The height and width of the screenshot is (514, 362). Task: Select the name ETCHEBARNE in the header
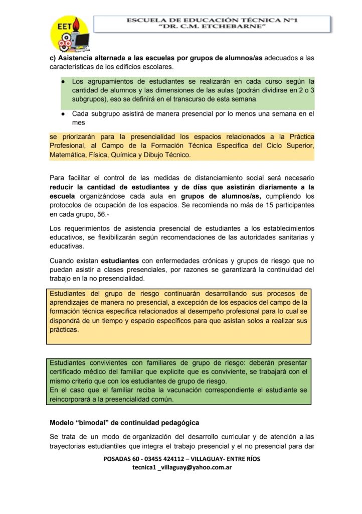coord(242,27)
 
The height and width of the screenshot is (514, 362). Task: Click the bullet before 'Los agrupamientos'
coord(63,81)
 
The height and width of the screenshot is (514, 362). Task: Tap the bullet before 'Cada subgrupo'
coord(63,114)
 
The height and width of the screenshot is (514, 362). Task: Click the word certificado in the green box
coord(69,372)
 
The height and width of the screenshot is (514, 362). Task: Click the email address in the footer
coord(182,467)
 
